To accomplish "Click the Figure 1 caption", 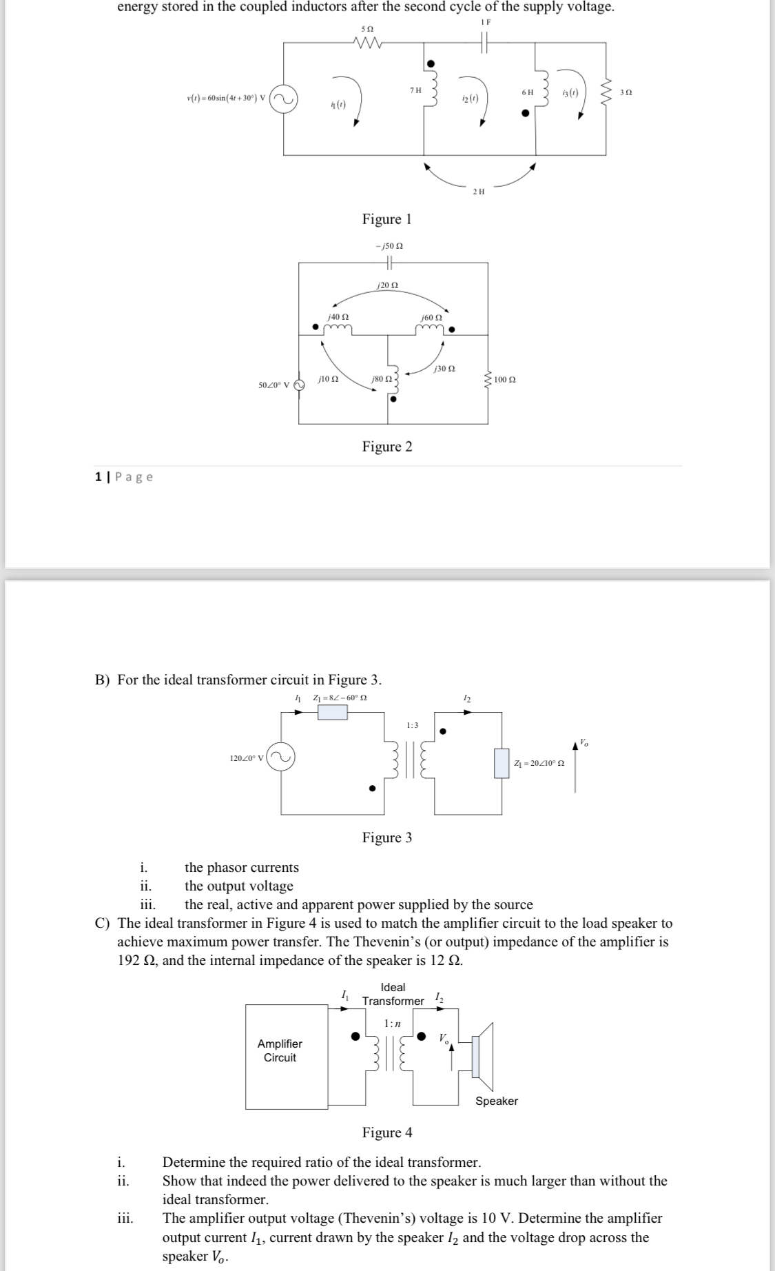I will [x=386, y=219].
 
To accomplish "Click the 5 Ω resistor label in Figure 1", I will [x=367, y=28].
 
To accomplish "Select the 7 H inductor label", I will [x=415, y=90].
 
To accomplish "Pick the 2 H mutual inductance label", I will [x=479, y=192].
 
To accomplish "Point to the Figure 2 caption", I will [x=387, y=447].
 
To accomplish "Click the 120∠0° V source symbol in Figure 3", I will [x=281, y=757].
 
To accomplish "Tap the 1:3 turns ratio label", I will [x=412, y=725].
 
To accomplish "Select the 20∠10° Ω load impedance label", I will [x=539, y=763].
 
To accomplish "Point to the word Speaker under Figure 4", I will [x=496, y=1101].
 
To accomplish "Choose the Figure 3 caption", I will [x=387, y=837].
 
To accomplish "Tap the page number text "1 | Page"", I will [x=124, y=477].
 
